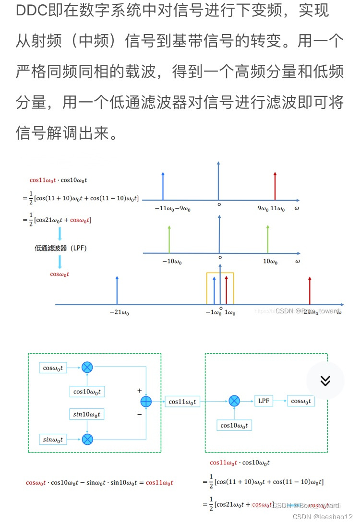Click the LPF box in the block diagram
tap(264, 401)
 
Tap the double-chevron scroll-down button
tap(325, 381)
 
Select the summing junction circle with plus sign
tap(145, 402)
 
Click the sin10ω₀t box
tap(87, 414)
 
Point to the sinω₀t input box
tap(53, 439)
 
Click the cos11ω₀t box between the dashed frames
tap(182, 402)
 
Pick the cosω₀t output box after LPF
tap(301, 401)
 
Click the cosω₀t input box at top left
tap(53, 368)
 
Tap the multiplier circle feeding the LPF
tap(234, 401)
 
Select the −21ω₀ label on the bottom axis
tap(119, 313)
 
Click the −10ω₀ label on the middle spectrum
tap(171, 262)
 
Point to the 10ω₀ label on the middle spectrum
tap(270, 262)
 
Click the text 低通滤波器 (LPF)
tap(60, 248)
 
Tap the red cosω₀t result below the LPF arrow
tap(60, 274)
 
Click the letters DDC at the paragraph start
tap(32, 11)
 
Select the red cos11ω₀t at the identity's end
tap(159, 483)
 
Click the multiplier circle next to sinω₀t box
tap(87, 439)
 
